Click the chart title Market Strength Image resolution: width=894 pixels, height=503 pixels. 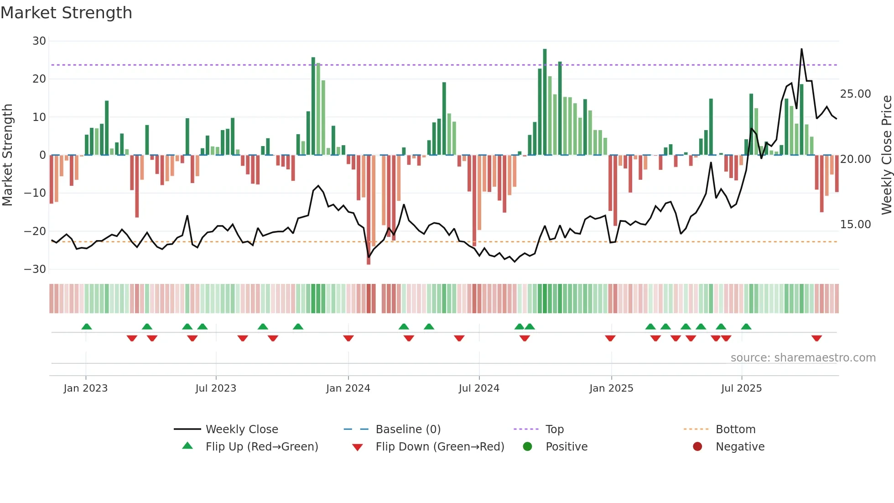[66, 13]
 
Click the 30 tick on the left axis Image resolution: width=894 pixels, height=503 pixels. [39, 41]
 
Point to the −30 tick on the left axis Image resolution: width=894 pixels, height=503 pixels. [35, 269]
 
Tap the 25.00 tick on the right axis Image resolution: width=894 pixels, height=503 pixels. [855, 94]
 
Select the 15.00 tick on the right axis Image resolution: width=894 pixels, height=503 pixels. [855, 225]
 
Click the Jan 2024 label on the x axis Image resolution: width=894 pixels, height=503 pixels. [348, 388]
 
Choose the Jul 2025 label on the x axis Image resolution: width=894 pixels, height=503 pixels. [741, 388]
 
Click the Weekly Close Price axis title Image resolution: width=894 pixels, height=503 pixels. [886, 155]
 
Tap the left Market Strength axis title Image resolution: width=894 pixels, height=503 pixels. [7, 155]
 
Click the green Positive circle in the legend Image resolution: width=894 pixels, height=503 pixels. [528, 447]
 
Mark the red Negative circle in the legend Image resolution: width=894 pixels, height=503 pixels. [697, 447]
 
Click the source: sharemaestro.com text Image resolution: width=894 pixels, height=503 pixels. [803, 358]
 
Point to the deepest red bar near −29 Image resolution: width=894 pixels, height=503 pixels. [369, 210]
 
